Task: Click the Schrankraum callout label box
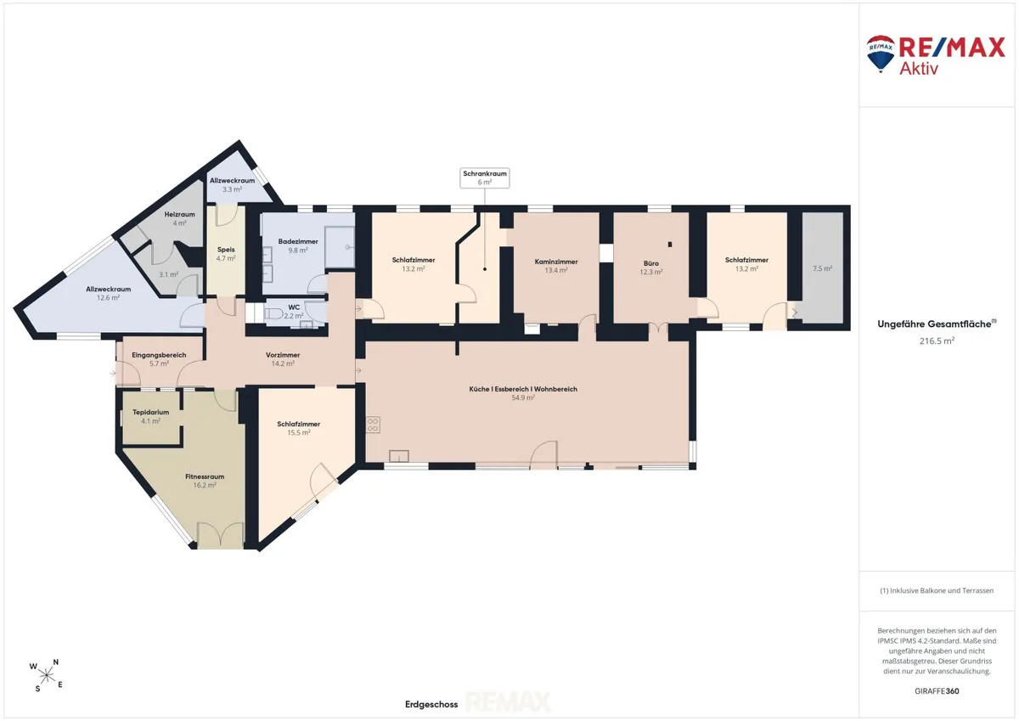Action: click(485, 177)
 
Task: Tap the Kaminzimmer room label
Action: click(556, 266)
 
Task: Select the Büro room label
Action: click(651, 268)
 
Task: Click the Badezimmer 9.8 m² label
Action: click(298, 245)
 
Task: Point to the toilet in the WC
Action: click(273, 313)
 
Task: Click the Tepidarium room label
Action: click(150, 416)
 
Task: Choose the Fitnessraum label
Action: click(205, 481)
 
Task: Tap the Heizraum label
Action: click(180, 218)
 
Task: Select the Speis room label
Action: click(226, 254)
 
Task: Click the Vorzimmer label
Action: click(283, 359)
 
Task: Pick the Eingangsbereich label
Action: click(159, 359)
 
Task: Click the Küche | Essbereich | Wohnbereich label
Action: click(523, 393)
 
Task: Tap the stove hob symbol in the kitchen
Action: click(373, 425)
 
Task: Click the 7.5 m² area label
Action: click(823, 268)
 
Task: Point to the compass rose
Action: click(47, 675)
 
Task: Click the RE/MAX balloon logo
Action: click(881, 54)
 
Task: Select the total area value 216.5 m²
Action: click(937, 341)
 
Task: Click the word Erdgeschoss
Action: click(431, 704)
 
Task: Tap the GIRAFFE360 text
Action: click(937, 691)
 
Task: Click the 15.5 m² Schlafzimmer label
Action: click(298, 428)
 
